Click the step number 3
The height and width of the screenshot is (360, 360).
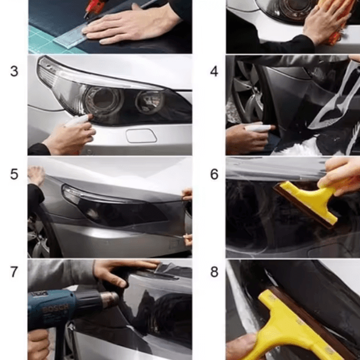[x=14, y=71]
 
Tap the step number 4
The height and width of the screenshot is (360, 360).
[x=214, y=71]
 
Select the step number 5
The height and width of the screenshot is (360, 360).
[x=14, y=174]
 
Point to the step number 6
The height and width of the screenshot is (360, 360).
[x=214, y=174]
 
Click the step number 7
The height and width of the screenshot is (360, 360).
[x=14, y=272]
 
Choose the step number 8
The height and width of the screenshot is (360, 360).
[x=214, y=272]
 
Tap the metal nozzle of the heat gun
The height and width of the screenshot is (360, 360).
[x=110, y=299]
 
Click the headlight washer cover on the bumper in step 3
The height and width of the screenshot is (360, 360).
[x=141, y=136]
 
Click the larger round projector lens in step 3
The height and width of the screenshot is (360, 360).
[x=104, y=99]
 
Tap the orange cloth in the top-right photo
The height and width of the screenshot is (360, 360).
[x=337, y=19]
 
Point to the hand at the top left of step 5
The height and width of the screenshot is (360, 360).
[x=36, y=175]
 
